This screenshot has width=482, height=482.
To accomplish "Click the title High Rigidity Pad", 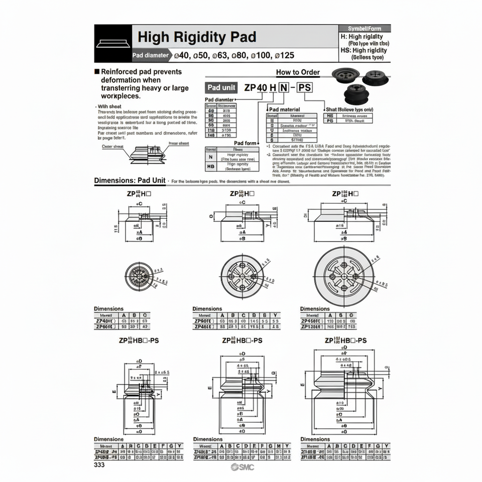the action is pyautogui.click(x=197, y=37).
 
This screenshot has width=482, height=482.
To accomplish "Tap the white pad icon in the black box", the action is pyautogui.click(x=113, y=43).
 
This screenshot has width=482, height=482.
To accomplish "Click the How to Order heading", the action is pyautogui.click(x=298, y=72).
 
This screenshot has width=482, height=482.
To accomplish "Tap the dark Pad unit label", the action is pyautogui.click(x=221, y=87).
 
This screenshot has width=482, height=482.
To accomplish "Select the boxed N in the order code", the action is pyautogui.click(x=284, y=87).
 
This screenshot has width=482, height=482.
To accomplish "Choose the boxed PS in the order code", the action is pyautogui.click(x=304, y=87).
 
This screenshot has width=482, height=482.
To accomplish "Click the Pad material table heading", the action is pyautogui.click(x=285, y=109).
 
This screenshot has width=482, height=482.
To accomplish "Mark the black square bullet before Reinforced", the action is pyautogui.click(x=97, y=72).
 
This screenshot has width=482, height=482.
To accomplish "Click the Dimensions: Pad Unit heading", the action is pyautogui.click(x=130, y=181).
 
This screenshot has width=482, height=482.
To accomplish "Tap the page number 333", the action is pyautogui.click(x=100, y=464).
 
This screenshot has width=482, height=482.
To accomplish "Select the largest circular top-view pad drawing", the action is pyautogui.click(x=345, y=278).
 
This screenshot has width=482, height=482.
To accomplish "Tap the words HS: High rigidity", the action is pyautogui.click(x=364, y=50).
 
